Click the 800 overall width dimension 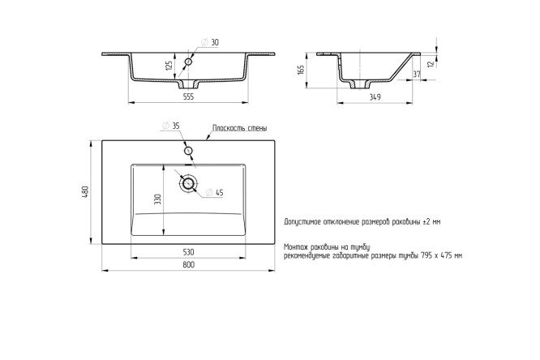pyautogui.click(x=188, y=265)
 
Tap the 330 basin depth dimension pyautogui.click(x=159, y=199)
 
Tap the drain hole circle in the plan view pyautogui.click(x=191, y=184)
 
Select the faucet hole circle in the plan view pyautogui.click(x=188, y=150)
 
